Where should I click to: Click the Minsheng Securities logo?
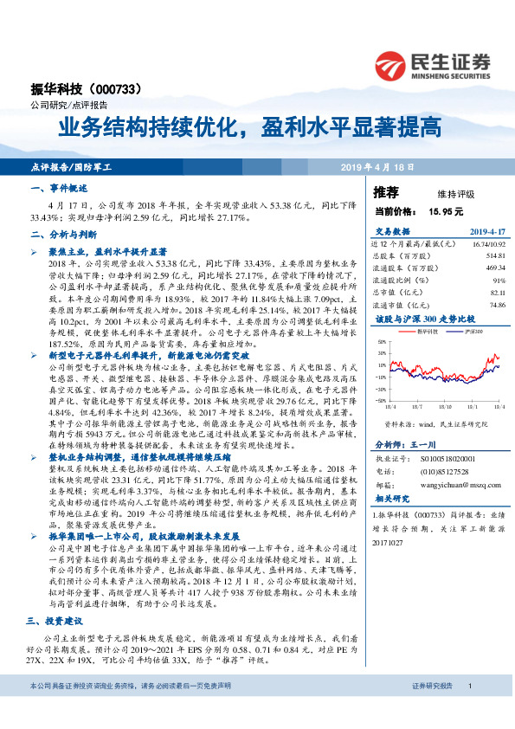(433, 65)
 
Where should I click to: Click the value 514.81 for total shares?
(494, 256)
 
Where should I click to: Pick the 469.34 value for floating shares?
(494, 268)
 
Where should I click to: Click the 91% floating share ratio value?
(499, 281)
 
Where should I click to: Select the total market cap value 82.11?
(496, 293)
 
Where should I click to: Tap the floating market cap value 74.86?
(496, 305)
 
